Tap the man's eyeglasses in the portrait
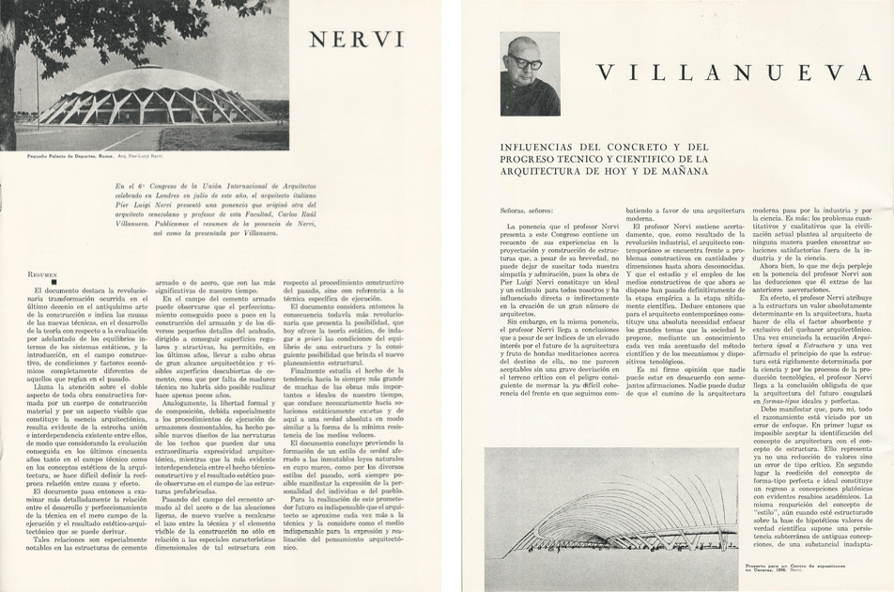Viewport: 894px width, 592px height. (527, 63)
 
